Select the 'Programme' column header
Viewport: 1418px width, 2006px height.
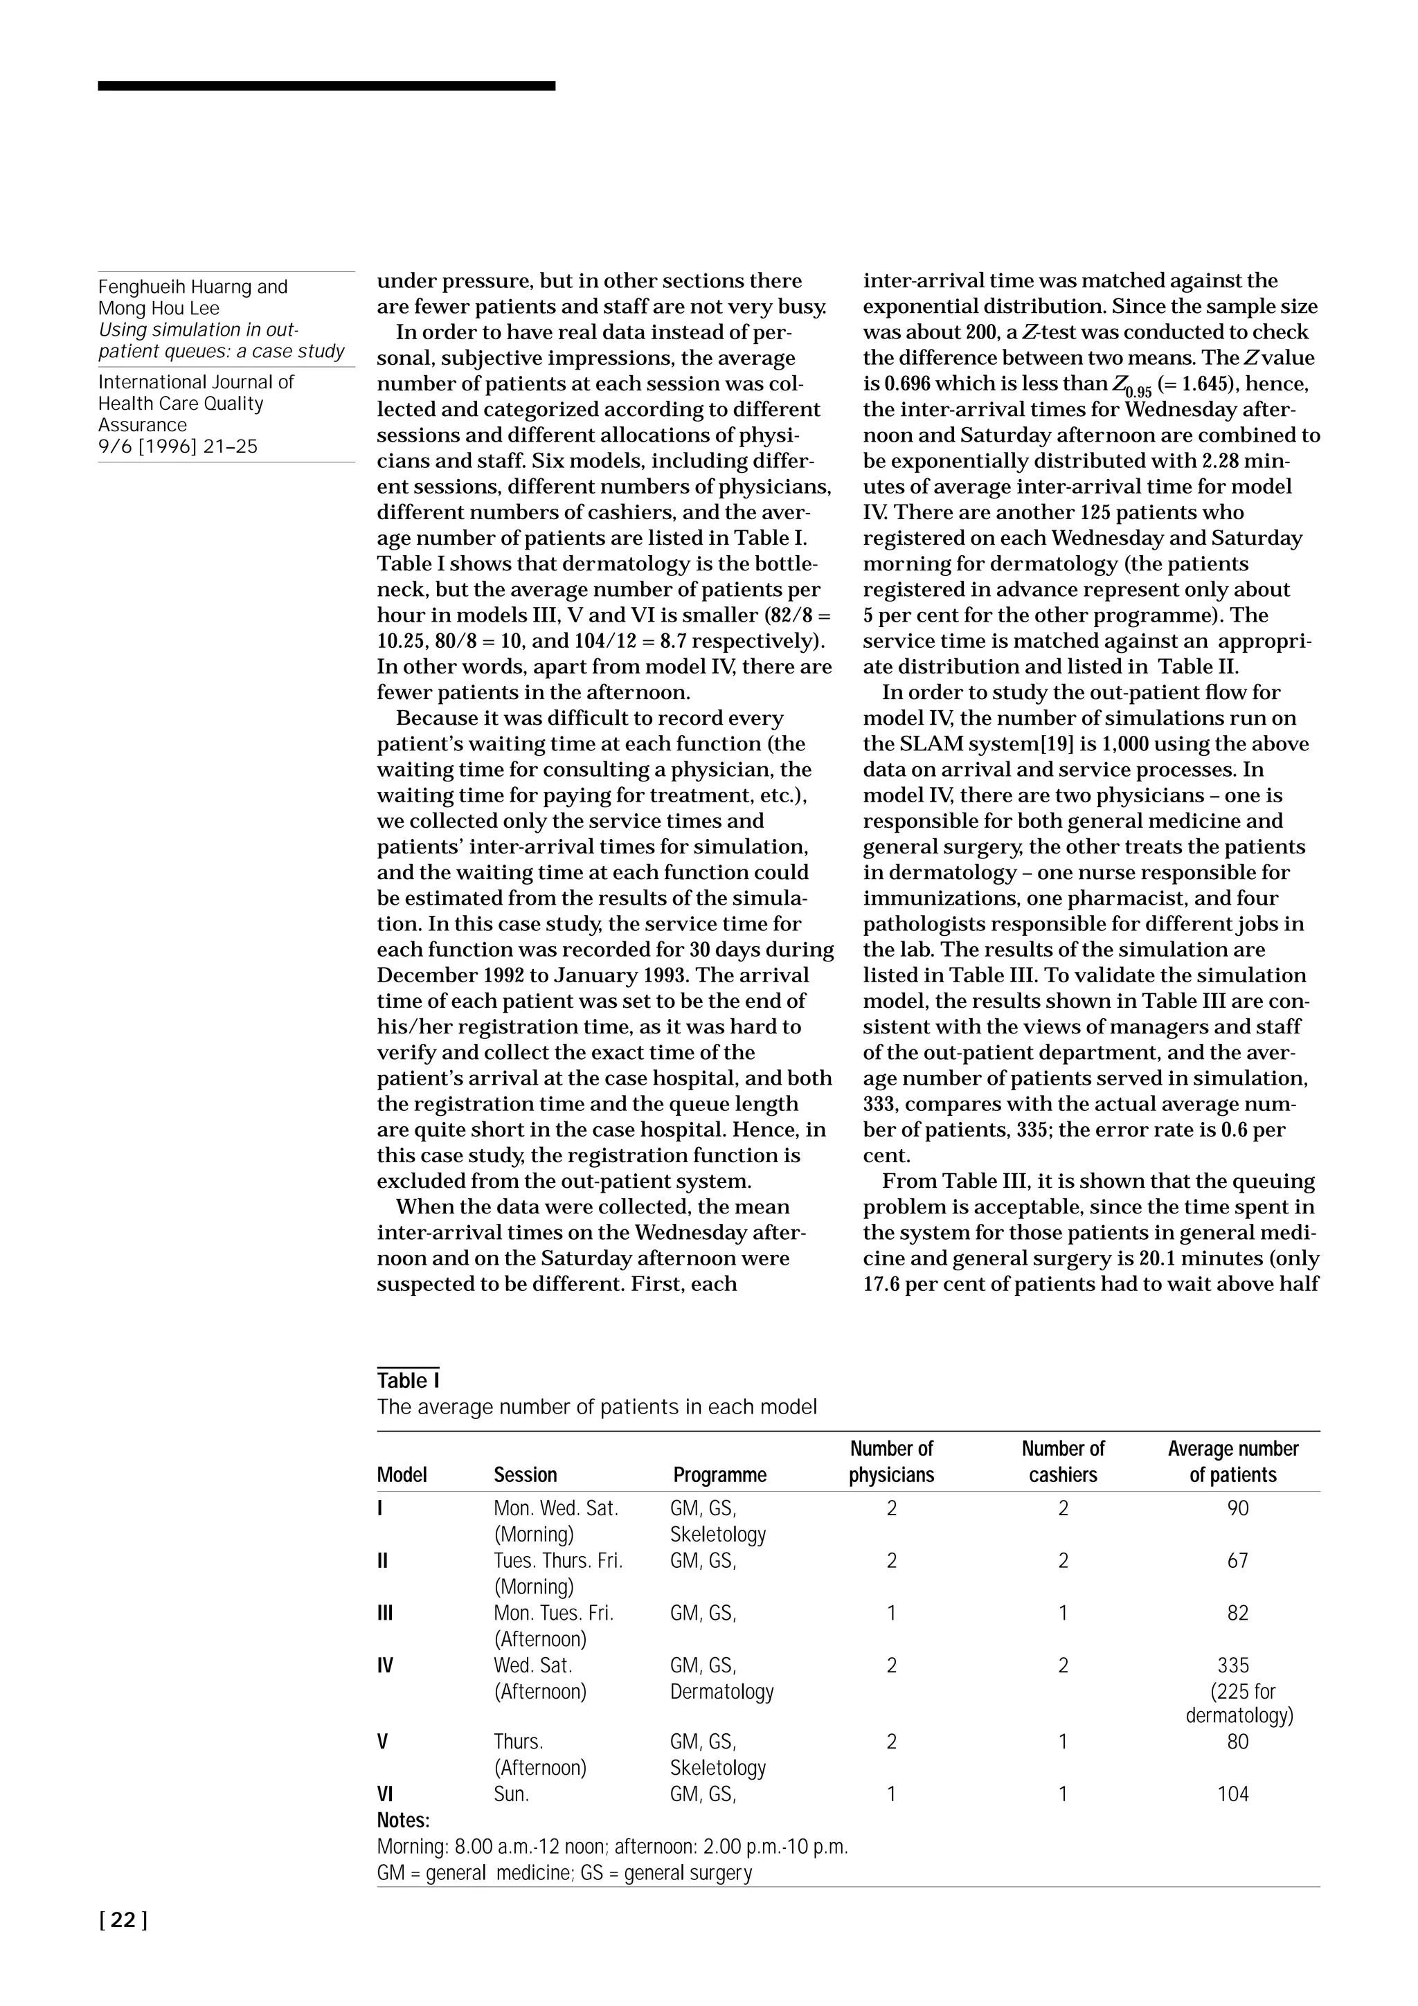coord(719,1475)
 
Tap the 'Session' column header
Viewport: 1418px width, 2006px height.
coord(525,1475)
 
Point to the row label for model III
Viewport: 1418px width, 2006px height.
coord(384,1613)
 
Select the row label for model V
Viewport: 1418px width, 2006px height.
coord(382,1742)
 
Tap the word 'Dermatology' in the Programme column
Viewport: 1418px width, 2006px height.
coord(721,1692)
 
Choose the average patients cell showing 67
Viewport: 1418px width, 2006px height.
coord(1237,1560)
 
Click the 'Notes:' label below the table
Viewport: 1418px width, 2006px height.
coord(403,1820)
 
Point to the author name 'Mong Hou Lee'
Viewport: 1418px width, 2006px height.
coord(159,309)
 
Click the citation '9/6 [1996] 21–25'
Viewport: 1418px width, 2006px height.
coord(178,446)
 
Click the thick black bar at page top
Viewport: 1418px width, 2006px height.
coord(326,86)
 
